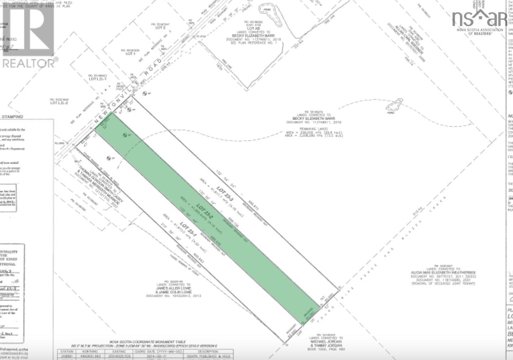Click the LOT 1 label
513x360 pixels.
[131, 54]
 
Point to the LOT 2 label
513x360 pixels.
[160, 27]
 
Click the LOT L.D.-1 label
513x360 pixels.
[97, 79]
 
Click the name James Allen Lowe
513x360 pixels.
[173, 288]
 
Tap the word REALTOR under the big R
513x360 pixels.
[28, 63]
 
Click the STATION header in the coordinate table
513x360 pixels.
[67, 351]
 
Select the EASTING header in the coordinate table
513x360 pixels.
[119, 351]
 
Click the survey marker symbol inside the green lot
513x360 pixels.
[125, 135]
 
